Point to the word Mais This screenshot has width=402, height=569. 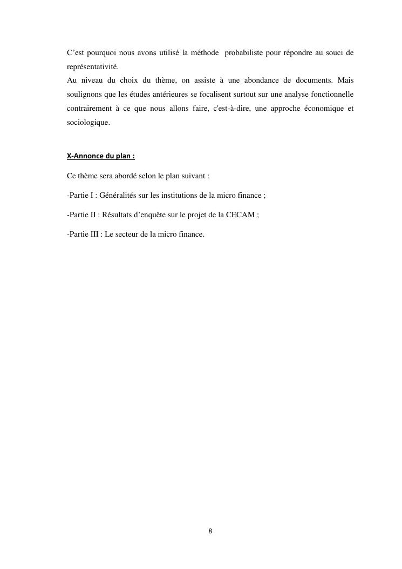pyautogui.click(x=345, y=81)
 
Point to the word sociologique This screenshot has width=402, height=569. pyautogui.click(x=88, y=123)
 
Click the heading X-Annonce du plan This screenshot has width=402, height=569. pyautogui.click(x=101, y=156)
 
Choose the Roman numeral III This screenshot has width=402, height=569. pyautogui.click(x=94, y=234)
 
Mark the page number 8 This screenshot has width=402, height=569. pyautogui.click(x=210, y=531)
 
